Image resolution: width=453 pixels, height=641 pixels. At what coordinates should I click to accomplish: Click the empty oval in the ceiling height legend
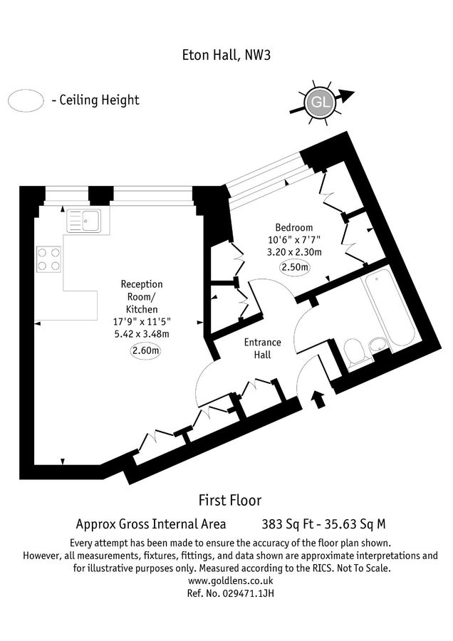[26, 100]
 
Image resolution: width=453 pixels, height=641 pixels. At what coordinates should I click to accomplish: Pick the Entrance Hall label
[262, 348]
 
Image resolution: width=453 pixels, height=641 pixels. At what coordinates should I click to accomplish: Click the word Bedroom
[294, 227]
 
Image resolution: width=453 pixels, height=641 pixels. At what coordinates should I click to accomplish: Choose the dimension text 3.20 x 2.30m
[294, 252]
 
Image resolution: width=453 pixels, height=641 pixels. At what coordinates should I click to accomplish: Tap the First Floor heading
[229, 500]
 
